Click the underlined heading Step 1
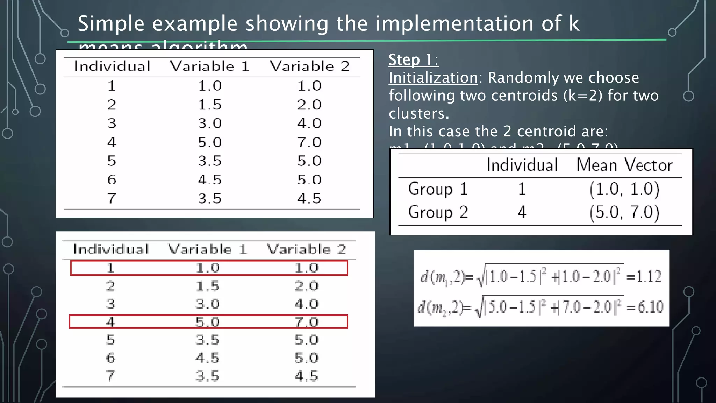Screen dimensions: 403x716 [x=413, y=60]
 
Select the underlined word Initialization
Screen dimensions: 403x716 [x=433, y=78]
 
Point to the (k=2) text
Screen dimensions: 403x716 [x=583, y=96]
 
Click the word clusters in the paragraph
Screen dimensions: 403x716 [x=419, y=113]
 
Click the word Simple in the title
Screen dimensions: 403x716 [x=110, y=24]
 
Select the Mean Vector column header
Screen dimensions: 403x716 [x=624, y=165]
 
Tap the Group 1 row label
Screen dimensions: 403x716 [x=437, y=189]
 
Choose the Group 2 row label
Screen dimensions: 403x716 [x=437, y=212]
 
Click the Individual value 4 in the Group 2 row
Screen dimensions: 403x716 [x=522, y=212]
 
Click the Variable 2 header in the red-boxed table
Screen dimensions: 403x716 [x=306, y=249]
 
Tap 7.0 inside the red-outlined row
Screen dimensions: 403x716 [x=306, y=322]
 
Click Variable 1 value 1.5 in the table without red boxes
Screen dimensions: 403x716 [x=210, y=105]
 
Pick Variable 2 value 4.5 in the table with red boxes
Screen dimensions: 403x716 [x=306, y=376]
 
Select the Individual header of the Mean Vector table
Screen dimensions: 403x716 [x=522, y=165]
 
